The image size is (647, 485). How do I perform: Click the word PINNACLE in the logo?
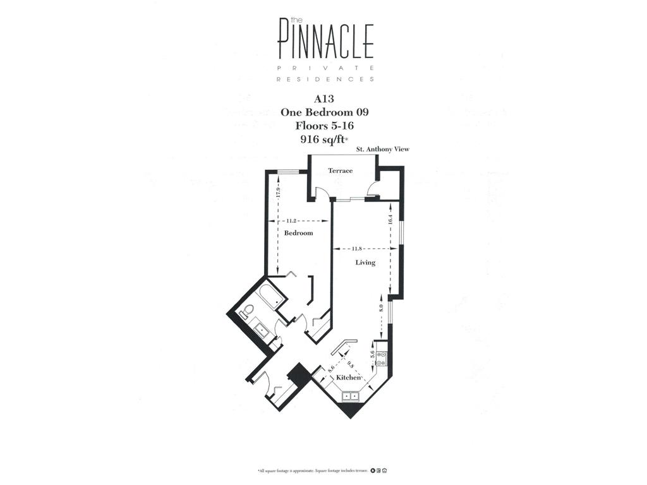325,41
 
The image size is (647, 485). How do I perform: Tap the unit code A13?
324,99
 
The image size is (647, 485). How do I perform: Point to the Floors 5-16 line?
324,126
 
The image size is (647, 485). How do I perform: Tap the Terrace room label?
340,171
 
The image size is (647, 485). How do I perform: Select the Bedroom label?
298,233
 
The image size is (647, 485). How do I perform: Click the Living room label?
365,262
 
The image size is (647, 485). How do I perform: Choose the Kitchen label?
348,377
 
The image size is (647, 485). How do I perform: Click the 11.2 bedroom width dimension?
291,221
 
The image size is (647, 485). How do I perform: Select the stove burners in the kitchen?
381,359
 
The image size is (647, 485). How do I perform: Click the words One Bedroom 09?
324,112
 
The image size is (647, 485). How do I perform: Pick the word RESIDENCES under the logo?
325,80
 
